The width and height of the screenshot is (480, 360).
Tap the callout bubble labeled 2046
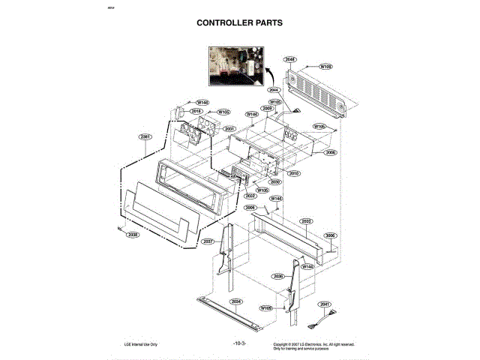290,59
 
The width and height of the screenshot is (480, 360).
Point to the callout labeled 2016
196,111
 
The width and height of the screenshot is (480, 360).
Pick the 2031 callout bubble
229,129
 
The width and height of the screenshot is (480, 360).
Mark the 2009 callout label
266,108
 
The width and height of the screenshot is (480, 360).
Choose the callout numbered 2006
331,152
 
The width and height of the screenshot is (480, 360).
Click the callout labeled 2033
307,221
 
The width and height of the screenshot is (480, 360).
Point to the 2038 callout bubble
133,235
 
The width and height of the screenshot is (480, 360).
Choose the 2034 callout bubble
236,301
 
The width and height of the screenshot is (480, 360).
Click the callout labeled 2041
324,304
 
